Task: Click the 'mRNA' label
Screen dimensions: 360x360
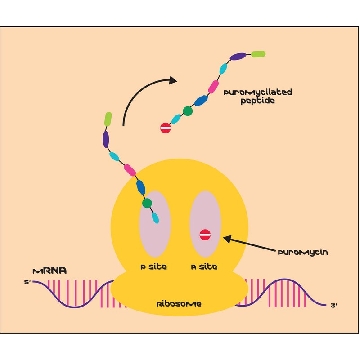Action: [x=50, y=271]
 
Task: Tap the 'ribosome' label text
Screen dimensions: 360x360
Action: [x=179, y=304]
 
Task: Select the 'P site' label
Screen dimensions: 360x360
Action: [x=153, y=267]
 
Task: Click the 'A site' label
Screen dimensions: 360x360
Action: [x=204, y=267]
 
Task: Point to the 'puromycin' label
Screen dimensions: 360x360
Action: [x=303, y=252]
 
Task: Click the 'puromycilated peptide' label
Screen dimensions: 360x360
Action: [x=258, y=96]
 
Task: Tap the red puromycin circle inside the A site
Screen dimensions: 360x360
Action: [x=205, y=235]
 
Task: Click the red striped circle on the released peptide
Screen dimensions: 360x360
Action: [x=166, y=128]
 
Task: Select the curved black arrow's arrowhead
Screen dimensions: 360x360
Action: [x=173, y=80]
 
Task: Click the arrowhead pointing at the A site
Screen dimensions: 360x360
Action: [x=227, y=238]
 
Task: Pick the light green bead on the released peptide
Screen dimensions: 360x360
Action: [x=258, y=54]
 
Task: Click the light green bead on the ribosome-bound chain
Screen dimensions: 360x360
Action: [x=108, y=119]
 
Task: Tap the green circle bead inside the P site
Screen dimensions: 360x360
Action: [x=147, y=203]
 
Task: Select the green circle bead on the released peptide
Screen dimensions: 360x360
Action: [x=188, y=111]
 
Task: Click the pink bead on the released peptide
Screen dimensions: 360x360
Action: [x=213, y=87]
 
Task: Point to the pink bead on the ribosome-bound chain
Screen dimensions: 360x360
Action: [x=130, y=170]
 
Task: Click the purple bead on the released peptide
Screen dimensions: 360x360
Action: [x=238, y=57]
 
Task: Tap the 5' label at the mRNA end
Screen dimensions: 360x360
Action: [x=27, y=283]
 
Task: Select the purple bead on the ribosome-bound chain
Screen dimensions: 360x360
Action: [x=106, y=139]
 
